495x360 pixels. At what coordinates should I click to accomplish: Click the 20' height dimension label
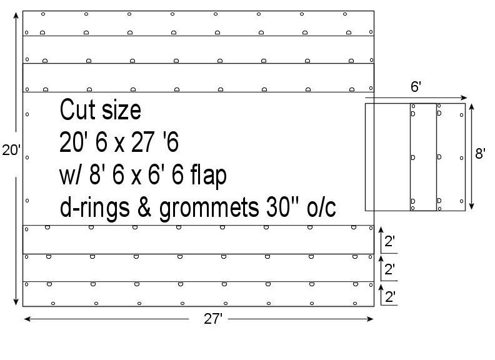(x=11, y=151)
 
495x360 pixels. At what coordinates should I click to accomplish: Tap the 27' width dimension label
(x=213, y=319)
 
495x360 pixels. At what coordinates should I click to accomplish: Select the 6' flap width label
(x=416, y=87)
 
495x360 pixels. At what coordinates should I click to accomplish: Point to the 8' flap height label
(x=480, y=154)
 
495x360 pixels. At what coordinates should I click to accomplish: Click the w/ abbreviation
(x=70, y=176)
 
